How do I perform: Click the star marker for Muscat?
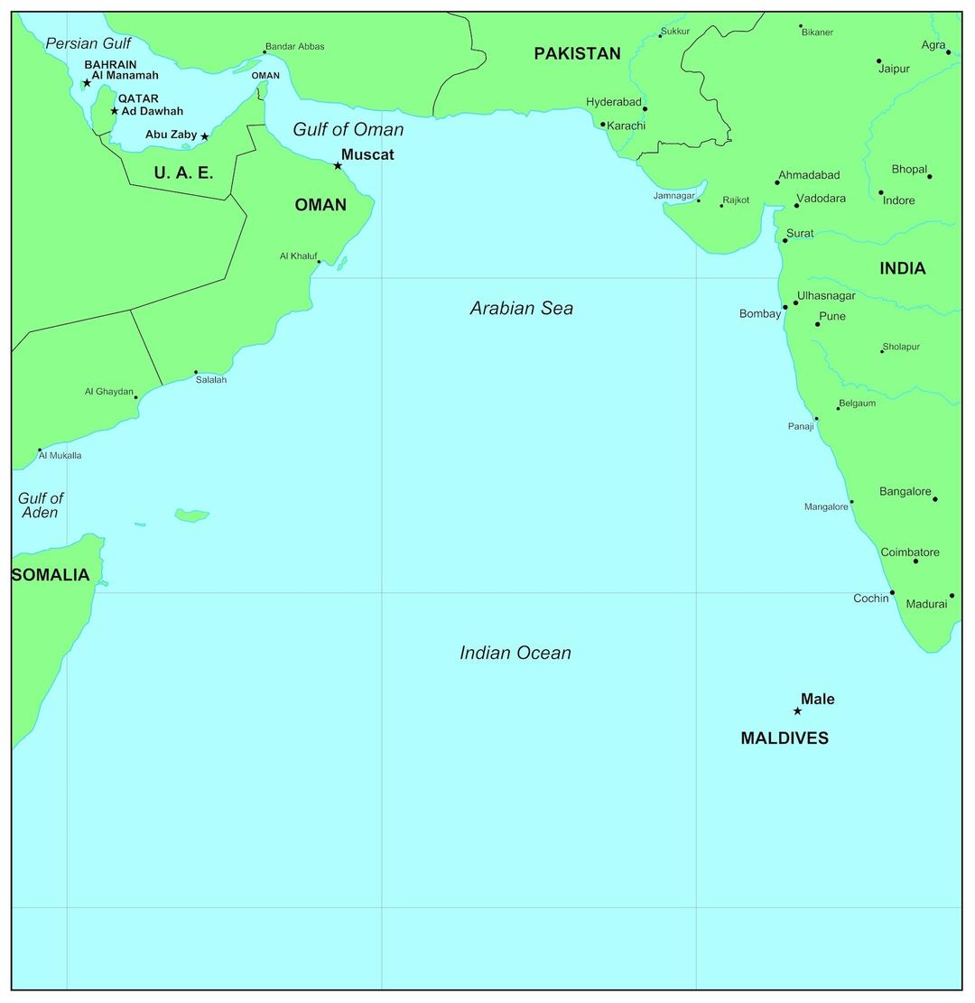point(338,165)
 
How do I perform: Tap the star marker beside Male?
point(797,710)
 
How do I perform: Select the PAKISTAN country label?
point(577,53)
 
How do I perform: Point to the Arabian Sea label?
point(521,308)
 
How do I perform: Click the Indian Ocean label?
point(515,653)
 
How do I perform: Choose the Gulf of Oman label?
point(348,129)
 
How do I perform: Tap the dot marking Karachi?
point(603,125)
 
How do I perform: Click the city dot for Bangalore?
point(934,498)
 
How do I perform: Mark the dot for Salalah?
point(196,372)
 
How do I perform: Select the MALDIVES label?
point(784,738)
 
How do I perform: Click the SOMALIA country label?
point(51,575)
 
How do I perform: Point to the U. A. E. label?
point(183,172)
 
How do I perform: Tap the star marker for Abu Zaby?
point(205,136)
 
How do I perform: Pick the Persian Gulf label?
point(88,43)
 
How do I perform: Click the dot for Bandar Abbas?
point(265,51)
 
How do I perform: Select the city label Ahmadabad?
point(809,175)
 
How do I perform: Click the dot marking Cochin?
point(892,592)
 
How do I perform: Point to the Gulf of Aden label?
point(40,505)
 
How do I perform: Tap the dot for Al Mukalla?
point(40,450)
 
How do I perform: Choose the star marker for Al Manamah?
point(87,83)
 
